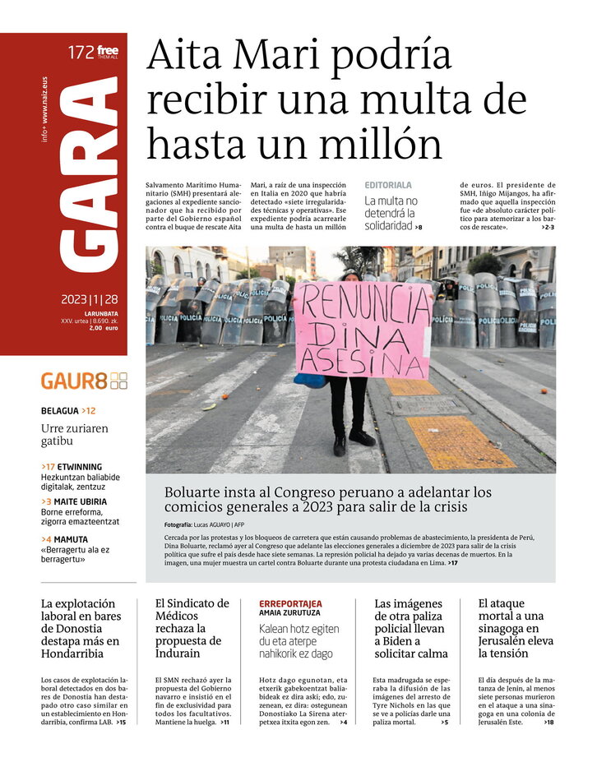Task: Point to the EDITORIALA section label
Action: pos(388,186)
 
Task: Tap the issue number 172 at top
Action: pos(81,53)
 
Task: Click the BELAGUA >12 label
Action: pos(68,410)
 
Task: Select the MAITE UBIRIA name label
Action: pos(79,501)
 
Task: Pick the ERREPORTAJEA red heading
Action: pos(290,603)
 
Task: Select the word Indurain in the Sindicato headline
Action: pos(178,653)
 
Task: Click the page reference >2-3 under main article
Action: pos(548,227)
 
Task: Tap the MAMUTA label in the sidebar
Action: pos(71,539)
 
